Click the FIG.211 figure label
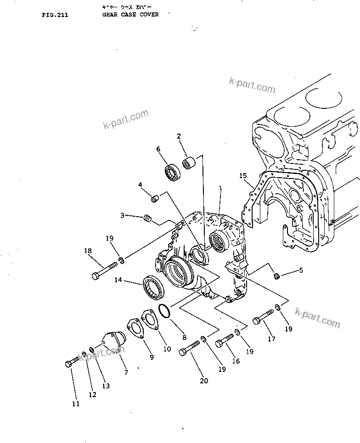point(55,15)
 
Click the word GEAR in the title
point(110,15)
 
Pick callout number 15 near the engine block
point(242,176)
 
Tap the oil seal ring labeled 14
point(152,288)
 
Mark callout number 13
point(106,386)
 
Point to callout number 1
point(220,188)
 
